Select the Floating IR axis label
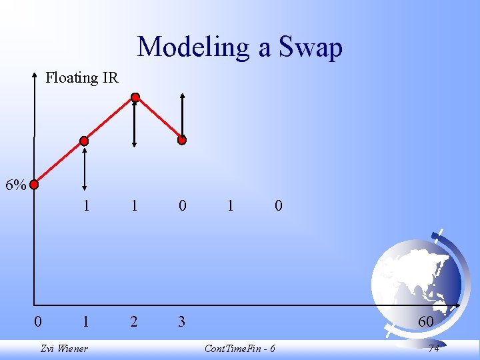pos(81,78)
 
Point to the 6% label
pos(15,185)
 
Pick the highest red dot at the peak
pos(135,98)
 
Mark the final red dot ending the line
pos(182,140)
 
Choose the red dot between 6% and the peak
pos(84,141)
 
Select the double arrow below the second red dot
pos(85,169)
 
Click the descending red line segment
pos(159,119)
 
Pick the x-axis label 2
pos(134,322)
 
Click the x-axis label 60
pos(425,322)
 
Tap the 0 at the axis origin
pos(38,322)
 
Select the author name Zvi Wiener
pos(64,349)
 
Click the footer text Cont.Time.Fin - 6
pos(240,349)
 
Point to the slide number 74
pos(433,349)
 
